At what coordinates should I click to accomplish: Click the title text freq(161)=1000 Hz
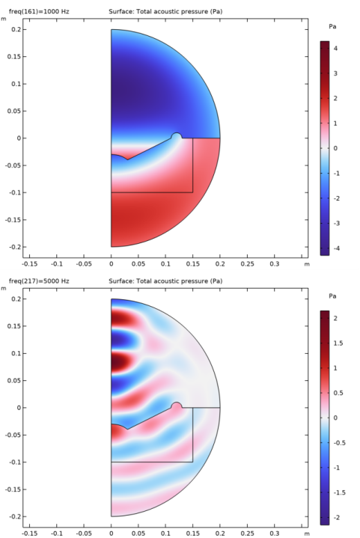(x=39, y=12)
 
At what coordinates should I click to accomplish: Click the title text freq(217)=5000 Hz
(x=39, y=281)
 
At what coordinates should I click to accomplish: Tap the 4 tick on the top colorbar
(x=335, y=49)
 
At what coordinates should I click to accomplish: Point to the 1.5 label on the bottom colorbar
(x=338, y=343)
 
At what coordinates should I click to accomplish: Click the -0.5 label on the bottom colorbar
(x=339, y=443)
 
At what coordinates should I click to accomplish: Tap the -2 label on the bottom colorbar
(x=336, y=517)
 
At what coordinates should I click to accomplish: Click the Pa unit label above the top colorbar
(x=332, y=26)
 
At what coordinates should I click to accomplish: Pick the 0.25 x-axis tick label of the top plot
(x=247, y=264)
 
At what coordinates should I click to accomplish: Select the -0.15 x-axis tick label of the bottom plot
(x=29, y=534)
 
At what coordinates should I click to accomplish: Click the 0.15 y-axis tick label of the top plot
(x=14, y=57)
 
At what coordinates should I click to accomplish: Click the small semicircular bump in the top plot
(x=177, y=135)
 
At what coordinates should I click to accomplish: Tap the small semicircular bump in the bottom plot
(x=177, y=406)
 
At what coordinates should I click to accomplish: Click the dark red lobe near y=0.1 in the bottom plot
(x=121, y=362)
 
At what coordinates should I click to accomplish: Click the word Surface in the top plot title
(x=121, y=12)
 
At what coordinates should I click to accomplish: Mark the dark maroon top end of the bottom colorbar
(x=325, y=313)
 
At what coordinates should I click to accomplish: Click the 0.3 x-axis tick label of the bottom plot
(x=274, y=534)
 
